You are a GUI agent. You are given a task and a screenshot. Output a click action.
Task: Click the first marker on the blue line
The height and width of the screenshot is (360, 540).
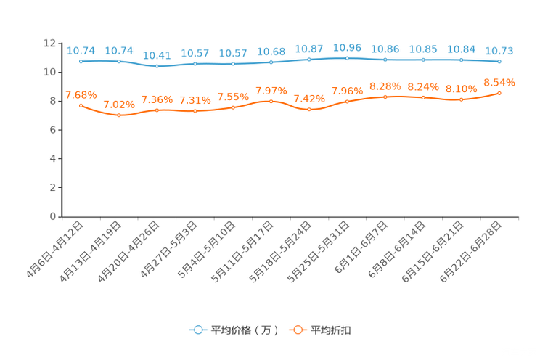tap(81, 62)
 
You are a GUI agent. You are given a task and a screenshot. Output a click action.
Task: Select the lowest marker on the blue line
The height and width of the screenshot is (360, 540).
tap(157, 67)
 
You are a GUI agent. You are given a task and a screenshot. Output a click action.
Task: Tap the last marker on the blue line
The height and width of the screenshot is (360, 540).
tap(499, 62)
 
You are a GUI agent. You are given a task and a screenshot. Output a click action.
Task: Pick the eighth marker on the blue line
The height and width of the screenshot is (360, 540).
tap(347, 57)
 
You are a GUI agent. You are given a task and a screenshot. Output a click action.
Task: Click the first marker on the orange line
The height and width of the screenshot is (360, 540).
tap(81, 106)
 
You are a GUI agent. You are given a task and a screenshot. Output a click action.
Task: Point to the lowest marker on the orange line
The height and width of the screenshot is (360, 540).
tap(119, 115)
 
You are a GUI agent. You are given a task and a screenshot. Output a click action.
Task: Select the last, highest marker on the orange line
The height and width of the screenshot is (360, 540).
tap(499, 93)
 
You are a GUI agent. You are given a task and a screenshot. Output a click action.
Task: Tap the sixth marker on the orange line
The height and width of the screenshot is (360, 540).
tap(271, 102)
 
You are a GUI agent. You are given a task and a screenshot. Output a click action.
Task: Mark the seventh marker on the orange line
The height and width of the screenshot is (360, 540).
tap(309, 110)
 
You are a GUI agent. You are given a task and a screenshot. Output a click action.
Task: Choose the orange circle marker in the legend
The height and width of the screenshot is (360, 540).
tap(298, 330)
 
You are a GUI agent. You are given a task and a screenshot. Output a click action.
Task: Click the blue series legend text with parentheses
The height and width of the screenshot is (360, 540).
tap(245, 330)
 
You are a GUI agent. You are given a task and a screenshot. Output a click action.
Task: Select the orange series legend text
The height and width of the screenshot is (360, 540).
tap(332, 330)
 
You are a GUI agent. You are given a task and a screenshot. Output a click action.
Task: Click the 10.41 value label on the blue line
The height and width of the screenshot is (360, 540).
tap(157, 56)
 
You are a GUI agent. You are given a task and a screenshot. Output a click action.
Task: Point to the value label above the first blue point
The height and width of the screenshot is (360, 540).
tap(81, 51)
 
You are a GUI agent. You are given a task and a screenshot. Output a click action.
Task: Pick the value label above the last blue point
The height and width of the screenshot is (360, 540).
tap(499, 51)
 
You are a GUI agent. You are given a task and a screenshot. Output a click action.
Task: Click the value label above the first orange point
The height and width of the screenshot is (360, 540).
tap(81, 95)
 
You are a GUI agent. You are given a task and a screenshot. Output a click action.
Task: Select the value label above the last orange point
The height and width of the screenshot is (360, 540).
tap(499, 81)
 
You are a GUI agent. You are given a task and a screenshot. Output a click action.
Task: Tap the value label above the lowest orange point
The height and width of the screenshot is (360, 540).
tap(119, 105)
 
